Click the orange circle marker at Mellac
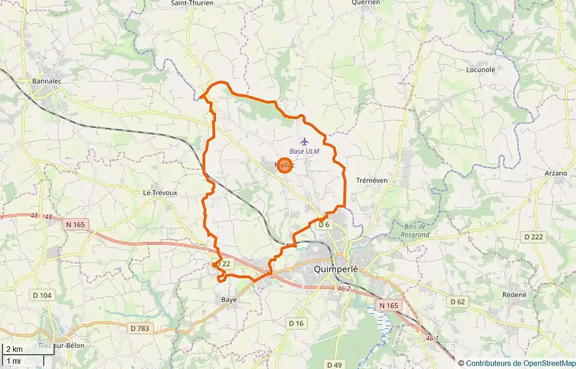pos(285,165)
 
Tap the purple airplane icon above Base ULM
pos(304,142)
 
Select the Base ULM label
pos(304,151)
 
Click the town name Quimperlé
pos(335,269)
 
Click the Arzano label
pos(556,173)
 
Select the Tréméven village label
pos(372,180)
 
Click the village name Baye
pos(229,299)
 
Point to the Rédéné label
pos(514,295)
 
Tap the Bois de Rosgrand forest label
pos(414,230)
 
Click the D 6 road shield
pos(324,224)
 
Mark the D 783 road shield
pos(140,328)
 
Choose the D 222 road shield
pos(533,237)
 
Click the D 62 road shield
pos(458,301)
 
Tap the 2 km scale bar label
pos(14,349)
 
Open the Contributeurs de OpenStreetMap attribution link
pos(520,363)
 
